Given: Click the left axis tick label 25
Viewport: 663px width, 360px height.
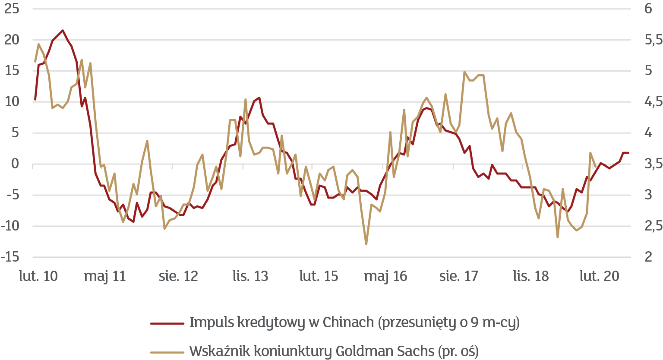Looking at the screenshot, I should tap(12, 9).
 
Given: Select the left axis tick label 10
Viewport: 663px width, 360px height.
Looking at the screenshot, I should tap(12, 102).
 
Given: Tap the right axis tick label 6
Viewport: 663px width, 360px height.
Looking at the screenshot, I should tap(648, 9).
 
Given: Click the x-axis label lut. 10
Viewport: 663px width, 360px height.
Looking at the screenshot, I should tap(38, 276).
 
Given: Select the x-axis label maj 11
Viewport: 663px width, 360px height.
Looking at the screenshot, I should tap(105, 276).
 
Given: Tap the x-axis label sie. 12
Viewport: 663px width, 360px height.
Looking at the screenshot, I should tap(178, 276).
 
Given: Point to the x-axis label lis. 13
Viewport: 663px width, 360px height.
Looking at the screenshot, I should tap(250, 276).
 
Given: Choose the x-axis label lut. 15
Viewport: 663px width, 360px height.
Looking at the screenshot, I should tap(319, 276).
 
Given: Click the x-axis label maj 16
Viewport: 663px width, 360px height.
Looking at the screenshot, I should tap(385, 276).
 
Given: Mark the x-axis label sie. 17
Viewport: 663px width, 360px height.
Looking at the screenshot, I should tap(459, 276).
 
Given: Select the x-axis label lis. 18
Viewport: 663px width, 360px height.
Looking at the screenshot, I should tap(531, 276).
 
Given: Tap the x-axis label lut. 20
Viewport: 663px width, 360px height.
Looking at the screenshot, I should tap(600, 276).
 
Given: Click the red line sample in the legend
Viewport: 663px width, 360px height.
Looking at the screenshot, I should tap(167, 323).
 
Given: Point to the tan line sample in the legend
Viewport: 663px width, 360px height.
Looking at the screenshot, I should tap(167, 351).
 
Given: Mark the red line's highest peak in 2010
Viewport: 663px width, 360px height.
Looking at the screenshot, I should tap(63, 30).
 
